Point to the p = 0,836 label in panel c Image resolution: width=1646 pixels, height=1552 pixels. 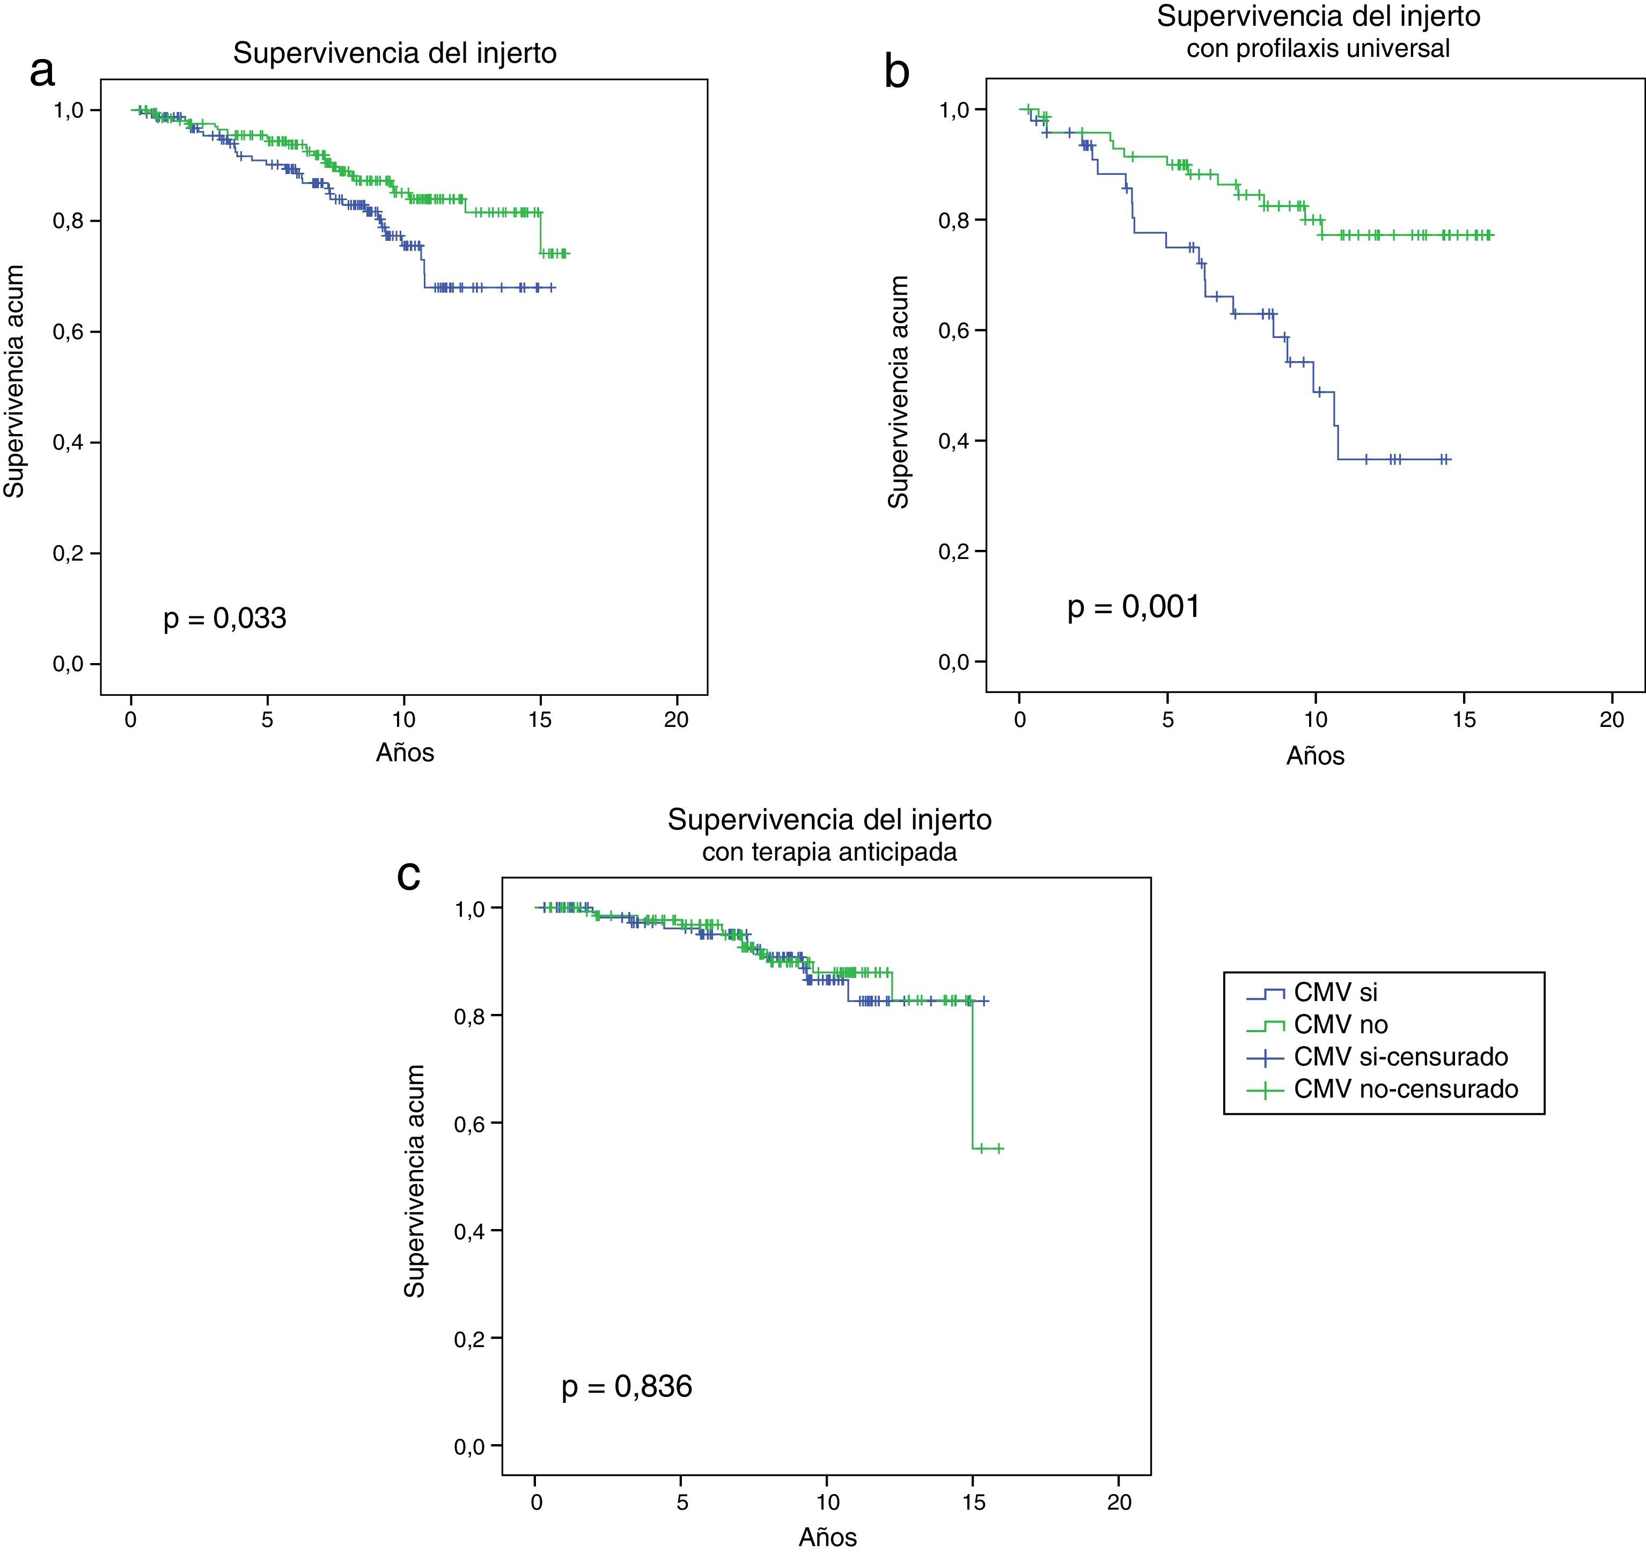point(626,1386)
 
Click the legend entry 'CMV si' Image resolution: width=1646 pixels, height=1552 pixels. point(1335,992)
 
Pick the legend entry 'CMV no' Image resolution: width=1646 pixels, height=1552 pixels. point(1341,1025)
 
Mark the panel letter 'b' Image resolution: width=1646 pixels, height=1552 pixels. point(897,72)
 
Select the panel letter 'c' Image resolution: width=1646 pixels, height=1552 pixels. point(409,875)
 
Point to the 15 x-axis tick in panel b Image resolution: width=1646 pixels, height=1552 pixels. point(1464,719)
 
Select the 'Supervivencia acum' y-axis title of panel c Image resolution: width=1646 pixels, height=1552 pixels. point(414,1182)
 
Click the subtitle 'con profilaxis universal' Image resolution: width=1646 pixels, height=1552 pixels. point(1318,49)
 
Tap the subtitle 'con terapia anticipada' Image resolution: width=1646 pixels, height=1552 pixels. point(829,852)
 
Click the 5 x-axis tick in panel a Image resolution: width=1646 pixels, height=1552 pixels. point(267,720)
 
